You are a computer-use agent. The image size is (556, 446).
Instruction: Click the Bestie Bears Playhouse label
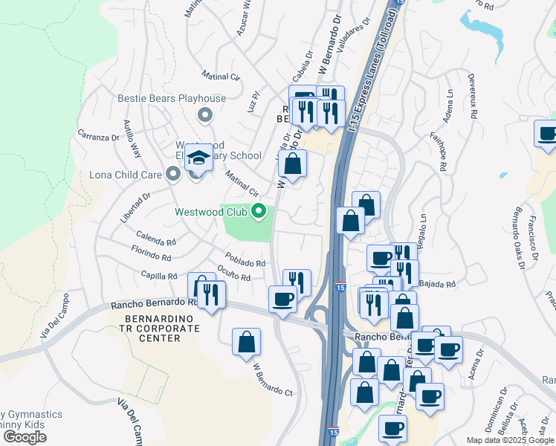(x=172, y=99)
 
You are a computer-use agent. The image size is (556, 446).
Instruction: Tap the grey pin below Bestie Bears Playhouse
(x=205, y=115)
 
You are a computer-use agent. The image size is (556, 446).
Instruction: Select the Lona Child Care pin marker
(x=173, y=174)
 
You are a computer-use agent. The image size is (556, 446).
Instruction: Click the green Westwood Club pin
(x=259, y=212)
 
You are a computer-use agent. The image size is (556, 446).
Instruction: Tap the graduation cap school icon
(x=198, y=158)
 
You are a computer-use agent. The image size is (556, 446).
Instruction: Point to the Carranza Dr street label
(x=98, y=136)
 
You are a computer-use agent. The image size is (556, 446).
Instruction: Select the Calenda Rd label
(x=155, y=242)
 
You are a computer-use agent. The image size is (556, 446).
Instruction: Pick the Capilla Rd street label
(x=159, y=276)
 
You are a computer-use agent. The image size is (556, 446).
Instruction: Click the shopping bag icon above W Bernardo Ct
(x=246, y=343)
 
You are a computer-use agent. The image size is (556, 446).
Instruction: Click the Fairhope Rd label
(x=437, y=152)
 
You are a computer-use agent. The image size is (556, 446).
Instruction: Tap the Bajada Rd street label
(x=436, y=284)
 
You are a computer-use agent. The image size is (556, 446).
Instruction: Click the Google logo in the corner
(x=25, y=437)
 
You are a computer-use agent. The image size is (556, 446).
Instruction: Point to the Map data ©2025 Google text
(x=509, y=440)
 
